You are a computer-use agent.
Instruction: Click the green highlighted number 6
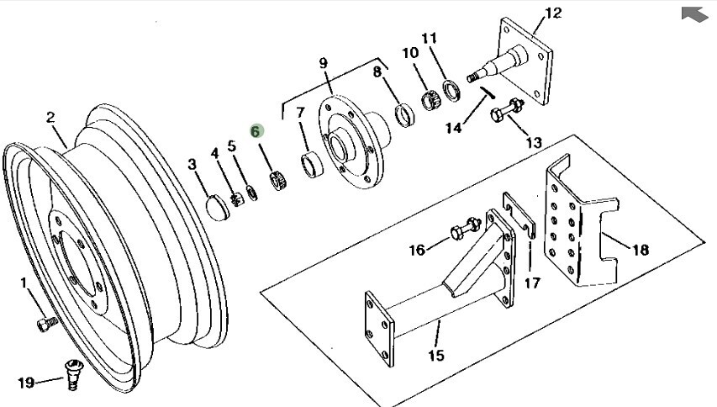(x=256, y=131)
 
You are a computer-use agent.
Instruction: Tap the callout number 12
(x=553, y=13)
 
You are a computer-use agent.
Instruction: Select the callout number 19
(x=26, y=383)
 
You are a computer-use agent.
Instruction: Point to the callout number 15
(x=436, y=356)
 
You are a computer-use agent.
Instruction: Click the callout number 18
(x=641, y=250)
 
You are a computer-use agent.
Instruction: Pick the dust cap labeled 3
(x=214, y=208)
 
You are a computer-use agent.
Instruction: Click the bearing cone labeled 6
(x=278, y=180)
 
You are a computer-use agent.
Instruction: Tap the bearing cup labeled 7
(x=312, y=165)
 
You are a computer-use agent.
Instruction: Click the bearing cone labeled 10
(x=430, y=101)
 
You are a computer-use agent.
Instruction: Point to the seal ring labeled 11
(x=451, y=91)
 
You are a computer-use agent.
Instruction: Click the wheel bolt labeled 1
(x=47, y=324)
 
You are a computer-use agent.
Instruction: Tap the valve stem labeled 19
(x=73, y=374)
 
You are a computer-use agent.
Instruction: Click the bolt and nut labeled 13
(x=507, y=109)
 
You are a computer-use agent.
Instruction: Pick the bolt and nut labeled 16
(x=466, y=229)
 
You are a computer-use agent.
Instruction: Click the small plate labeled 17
(x=519, y=215)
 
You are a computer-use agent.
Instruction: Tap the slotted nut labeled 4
(x=236, y=200)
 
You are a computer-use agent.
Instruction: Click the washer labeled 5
(x=252, y=193)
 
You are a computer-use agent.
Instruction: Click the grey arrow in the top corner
(x=694, y=13)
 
